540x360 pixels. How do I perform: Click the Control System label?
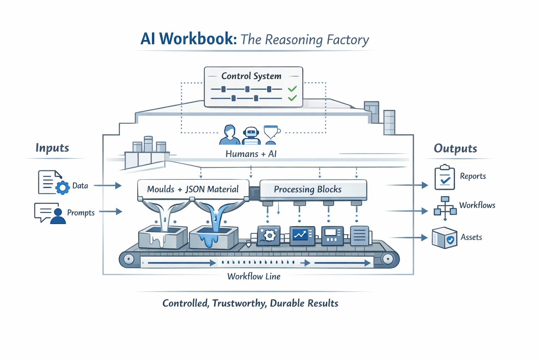coord(251,76)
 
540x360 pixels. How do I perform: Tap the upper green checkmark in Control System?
coord(292,89)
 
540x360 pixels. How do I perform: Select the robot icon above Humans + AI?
coord(251,135)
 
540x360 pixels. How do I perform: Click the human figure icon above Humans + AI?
coord(230,135)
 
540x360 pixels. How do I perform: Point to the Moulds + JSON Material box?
coord(193,189)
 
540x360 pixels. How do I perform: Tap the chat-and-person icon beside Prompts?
coord(50,213)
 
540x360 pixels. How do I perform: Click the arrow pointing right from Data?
coord(108,185)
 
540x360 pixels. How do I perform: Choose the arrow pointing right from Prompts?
coord(111,212)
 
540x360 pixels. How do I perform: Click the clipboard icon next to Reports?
coord(444,178)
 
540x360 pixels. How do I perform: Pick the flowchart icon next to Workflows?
coord(445,208)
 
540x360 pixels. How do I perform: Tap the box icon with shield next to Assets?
coord(444,238)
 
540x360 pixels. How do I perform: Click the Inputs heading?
coord(52,148)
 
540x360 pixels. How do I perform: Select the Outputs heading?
coord(455,148)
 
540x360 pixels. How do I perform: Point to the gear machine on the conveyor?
coord(269,235)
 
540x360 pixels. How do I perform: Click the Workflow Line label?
coord(254,276)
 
